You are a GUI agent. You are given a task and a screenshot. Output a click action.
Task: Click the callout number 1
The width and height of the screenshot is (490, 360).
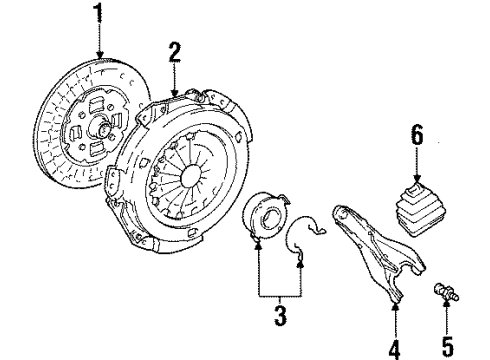point(98,13)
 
